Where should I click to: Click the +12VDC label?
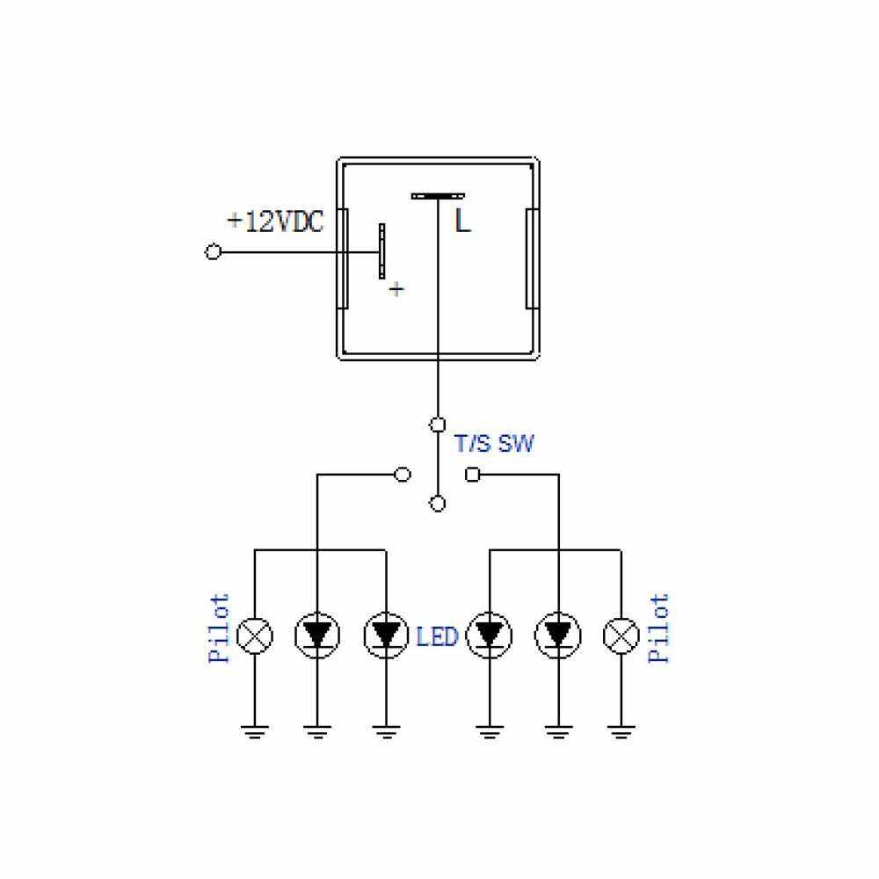(x=275, y=222)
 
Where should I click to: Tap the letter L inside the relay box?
(x=462, y=221)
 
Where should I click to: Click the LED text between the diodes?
(x=437, y=636)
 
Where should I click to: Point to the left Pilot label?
(x=219, y=628)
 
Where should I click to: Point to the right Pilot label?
(x=658, y=628)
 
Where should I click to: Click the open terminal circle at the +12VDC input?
(x=213, y=251)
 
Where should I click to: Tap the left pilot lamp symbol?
(x=255, y=636)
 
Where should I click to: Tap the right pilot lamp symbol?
(x=621, y=636)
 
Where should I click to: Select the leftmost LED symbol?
(x=317, y=636)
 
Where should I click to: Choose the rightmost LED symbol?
(x=558, y=636)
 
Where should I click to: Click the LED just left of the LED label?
(x=386, y=636)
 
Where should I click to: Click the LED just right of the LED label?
(x=490, y=636)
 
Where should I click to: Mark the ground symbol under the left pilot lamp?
(x=255, y=732)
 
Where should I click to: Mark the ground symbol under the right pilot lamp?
(x=621, y=732)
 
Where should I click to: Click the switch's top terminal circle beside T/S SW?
(x=437, y=425)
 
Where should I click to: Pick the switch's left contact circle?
(x=403, y=475)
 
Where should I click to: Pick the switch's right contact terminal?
(x=473, y=475)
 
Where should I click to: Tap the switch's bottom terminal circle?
(x=437, y=504)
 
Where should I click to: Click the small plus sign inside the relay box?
(x=396, y=289)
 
